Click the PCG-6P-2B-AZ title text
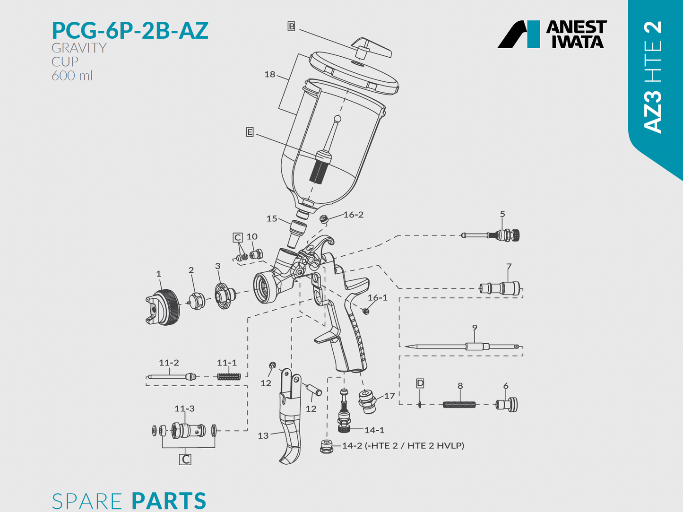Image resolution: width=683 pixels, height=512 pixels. [130, 31]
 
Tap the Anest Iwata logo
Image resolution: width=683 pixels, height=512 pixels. [552, 34]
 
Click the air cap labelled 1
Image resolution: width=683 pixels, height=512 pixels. [163, 308]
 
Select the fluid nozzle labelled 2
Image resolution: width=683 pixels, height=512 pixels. [196, 301]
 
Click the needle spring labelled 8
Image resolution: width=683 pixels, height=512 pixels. [459, 404]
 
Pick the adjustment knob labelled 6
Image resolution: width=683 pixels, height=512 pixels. [507, 405]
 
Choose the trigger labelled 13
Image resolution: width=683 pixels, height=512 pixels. [289, 416]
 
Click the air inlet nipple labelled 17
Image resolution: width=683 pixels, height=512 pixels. [367, 400]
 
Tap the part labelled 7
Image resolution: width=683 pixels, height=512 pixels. [500, 288]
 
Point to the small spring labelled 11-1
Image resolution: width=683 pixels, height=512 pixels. [229, 376]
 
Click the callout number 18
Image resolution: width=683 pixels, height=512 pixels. [270, 74]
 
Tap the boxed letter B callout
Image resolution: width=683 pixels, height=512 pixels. [292, 26]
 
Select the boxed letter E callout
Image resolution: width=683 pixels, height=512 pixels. [250, 132]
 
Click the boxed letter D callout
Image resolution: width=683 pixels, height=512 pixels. [420, 383]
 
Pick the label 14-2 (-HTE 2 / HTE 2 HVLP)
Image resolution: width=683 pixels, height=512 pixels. [403, 445]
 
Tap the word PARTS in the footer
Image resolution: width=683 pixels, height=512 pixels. [169, 501]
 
